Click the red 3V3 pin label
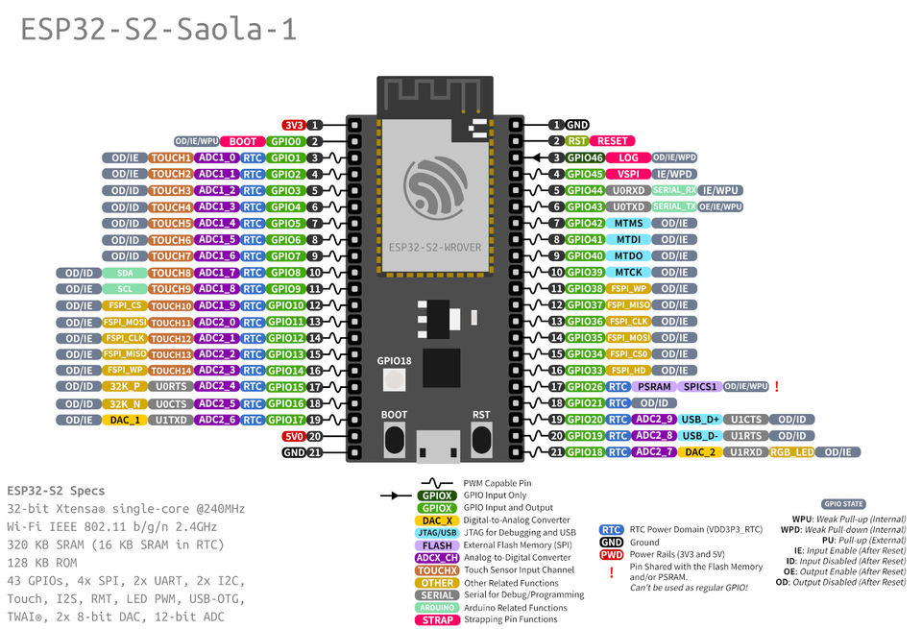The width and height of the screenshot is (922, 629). pos(293,125)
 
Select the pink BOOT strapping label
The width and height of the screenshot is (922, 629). pos(242,141)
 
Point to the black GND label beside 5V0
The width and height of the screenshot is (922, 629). pos(294,452)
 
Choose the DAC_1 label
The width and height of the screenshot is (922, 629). pos(124,420)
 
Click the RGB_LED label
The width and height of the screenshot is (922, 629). pos(791,452)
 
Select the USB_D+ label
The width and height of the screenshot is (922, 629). pos(699,420)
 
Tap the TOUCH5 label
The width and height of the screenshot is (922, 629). pos(171,223)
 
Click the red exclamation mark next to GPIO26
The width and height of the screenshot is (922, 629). pos(776,386)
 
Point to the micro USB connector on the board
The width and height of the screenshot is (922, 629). pos(437,444)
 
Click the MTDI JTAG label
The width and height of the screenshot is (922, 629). pos(628,239)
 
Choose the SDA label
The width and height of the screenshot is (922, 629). pos(124,273)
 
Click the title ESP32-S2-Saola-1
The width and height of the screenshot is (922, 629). pos(158,30)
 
